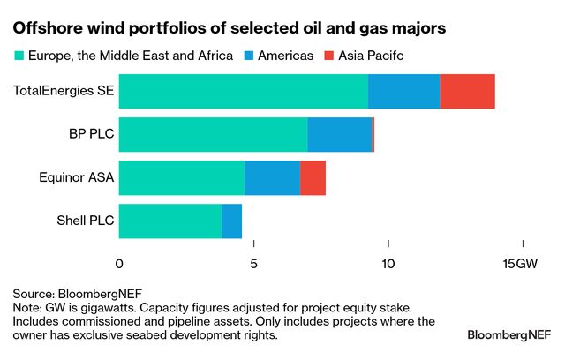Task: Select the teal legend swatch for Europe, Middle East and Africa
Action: click(19, 56)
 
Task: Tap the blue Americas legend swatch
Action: click(249, 56)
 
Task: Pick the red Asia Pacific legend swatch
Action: click(328, 56)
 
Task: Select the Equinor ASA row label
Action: click(77, 178)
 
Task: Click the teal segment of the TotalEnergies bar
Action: click(243, 92)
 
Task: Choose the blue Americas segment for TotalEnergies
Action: click(403, 92)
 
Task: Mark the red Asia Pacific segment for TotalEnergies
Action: click(467, 92)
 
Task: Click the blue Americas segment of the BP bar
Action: click(339, 135)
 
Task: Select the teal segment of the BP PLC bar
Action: click(213, 135)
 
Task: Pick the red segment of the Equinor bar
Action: click(313, 178)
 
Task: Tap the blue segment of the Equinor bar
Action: click(272, 178)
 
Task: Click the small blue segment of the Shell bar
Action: click(231, 221)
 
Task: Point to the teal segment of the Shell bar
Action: click(169, 221)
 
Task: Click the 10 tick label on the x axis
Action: click(388, 264)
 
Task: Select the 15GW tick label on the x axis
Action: click(520, 264)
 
